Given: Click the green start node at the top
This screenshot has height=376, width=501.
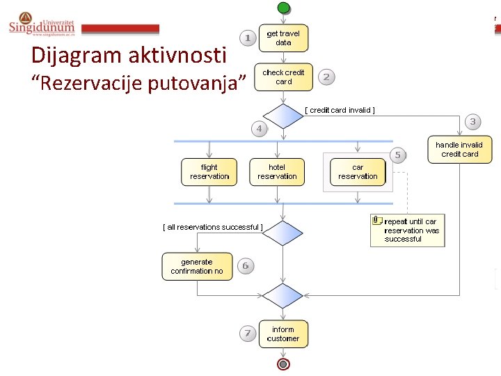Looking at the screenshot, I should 283,7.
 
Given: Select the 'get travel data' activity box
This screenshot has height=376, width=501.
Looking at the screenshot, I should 283,38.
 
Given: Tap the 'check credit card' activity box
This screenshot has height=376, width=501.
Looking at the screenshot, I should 283,77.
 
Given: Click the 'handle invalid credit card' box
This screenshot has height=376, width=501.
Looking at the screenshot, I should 459,150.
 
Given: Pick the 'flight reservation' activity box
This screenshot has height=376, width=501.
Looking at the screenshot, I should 209,172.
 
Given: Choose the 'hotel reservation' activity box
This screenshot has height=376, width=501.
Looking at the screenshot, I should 277,172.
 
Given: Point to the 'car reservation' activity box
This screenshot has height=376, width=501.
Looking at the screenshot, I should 358,172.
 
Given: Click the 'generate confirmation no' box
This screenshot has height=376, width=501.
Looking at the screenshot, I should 197,267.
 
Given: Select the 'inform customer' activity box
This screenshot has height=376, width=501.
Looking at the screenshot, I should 283,334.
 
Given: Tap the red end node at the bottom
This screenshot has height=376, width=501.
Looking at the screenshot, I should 283,364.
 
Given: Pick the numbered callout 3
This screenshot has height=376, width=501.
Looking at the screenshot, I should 472,123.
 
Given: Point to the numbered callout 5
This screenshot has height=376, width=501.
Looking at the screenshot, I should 397,155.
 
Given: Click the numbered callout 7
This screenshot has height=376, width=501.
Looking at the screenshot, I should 248,334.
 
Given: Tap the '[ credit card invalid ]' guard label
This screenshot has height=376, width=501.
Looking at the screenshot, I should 340,110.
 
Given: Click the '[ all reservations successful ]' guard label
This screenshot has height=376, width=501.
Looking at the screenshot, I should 213,227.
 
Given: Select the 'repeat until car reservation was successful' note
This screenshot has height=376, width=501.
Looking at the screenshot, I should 407,230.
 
